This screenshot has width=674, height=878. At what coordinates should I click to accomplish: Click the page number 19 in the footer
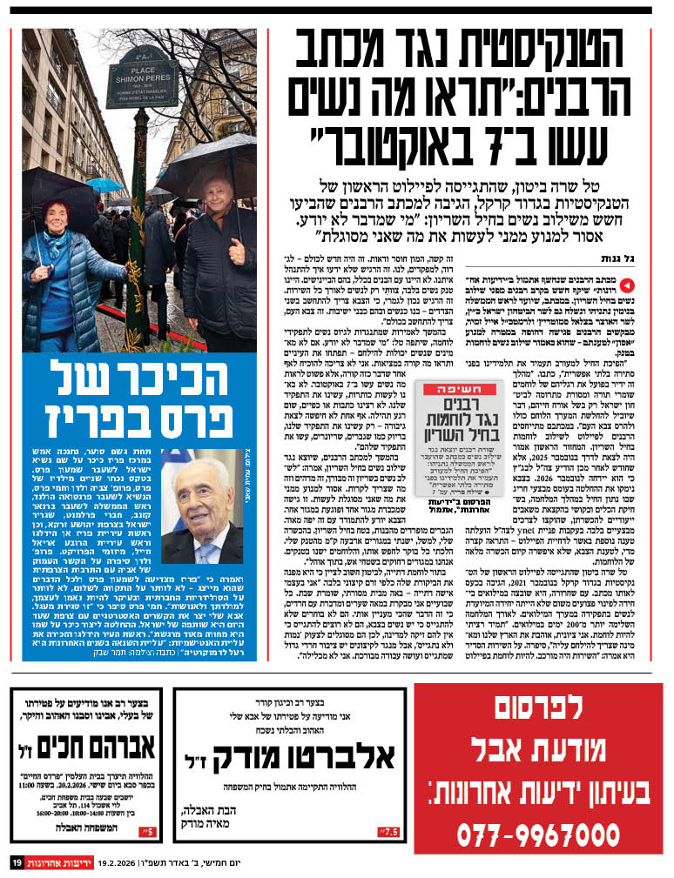coord(17,862)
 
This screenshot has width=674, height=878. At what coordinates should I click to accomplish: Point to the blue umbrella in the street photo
coord(104,184)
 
